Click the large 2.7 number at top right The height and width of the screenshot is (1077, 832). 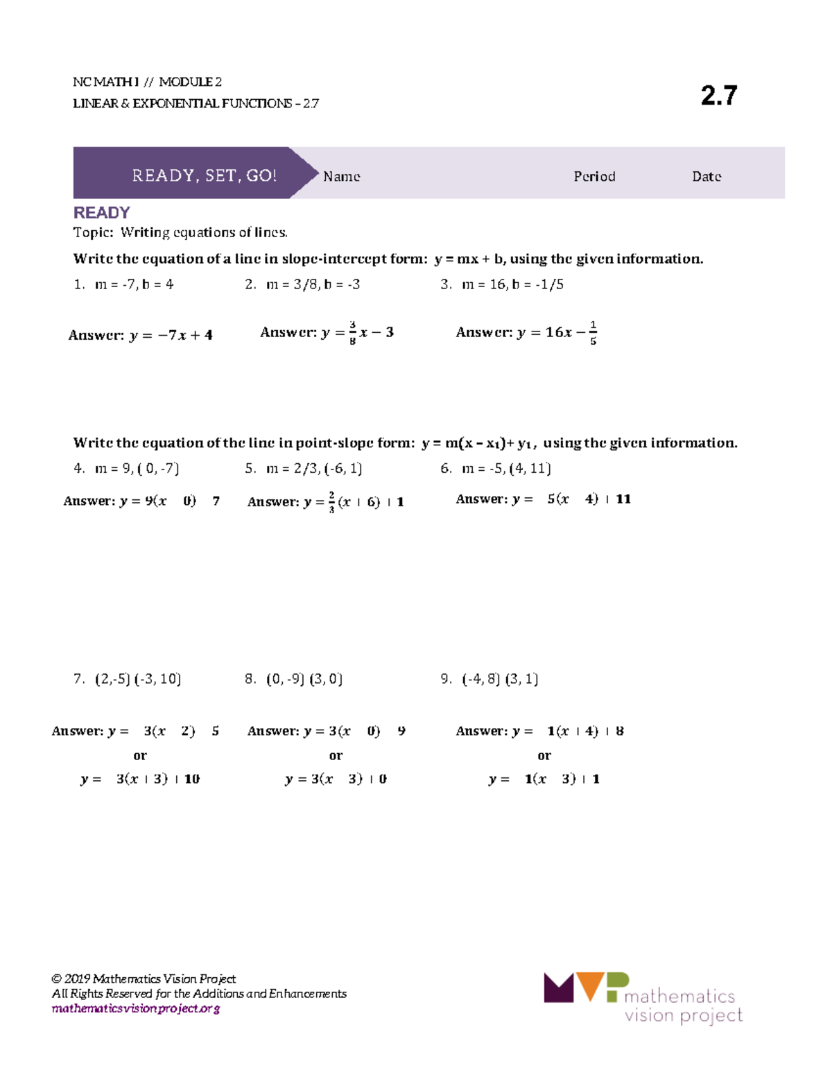718,95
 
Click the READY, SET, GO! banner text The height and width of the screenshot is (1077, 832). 204,175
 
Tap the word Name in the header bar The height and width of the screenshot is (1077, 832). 341,176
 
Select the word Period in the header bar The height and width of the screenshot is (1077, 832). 594,176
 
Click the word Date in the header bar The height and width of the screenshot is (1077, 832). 706,176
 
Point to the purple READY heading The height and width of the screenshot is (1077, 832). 101,212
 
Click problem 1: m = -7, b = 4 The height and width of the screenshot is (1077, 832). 124,284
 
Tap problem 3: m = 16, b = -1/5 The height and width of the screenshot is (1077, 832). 502,284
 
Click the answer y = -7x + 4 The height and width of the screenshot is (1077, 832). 141,335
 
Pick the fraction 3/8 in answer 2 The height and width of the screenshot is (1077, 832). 352,332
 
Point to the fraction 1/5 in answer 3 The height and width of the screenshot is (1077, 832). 593,332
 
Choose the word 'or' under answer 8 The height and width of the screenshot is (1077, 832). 336,755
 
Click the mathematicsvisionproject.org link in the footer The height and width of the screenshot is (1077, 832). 136,1008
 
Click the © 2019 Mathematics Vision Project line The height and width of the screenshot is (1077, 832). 144,979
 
